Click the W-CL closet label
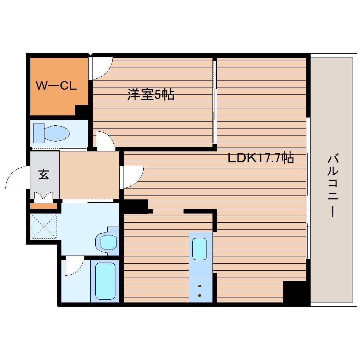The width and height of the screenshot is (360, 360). (x=56, y=86)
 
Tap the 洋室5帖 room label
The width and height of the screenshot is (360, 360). (x=151, y=94)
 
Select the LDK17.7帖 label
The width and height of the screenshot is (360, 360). (x=261, y=157)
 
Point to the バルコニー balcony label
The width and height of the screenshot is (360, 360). (x=333, y=186)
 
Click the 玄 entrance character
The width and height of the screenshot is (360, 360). (x=44, y=174)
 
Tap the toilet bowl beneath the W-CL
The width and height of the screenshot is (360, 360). (x=56, y=133)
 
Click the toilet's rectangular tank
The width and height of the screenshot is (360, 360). (x=39, y=133)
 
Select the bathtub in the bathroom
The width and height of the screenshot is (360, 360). (x=105, y=281)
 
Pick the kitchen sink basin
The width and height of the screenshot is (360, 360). (x=199, y=249)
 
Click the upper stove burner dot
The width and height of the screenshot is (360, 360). (x=199, y=286)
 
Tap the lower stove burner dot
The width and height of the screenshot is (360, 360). (x=199, y=295)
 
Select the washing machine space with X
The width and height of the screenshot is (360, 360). (x=44, y=227)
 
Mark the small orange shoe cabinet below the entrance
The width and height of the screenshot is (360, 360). (x=44, y=206)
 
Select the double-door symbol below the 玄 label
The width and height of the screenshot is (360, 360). (x=44, y=196)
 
